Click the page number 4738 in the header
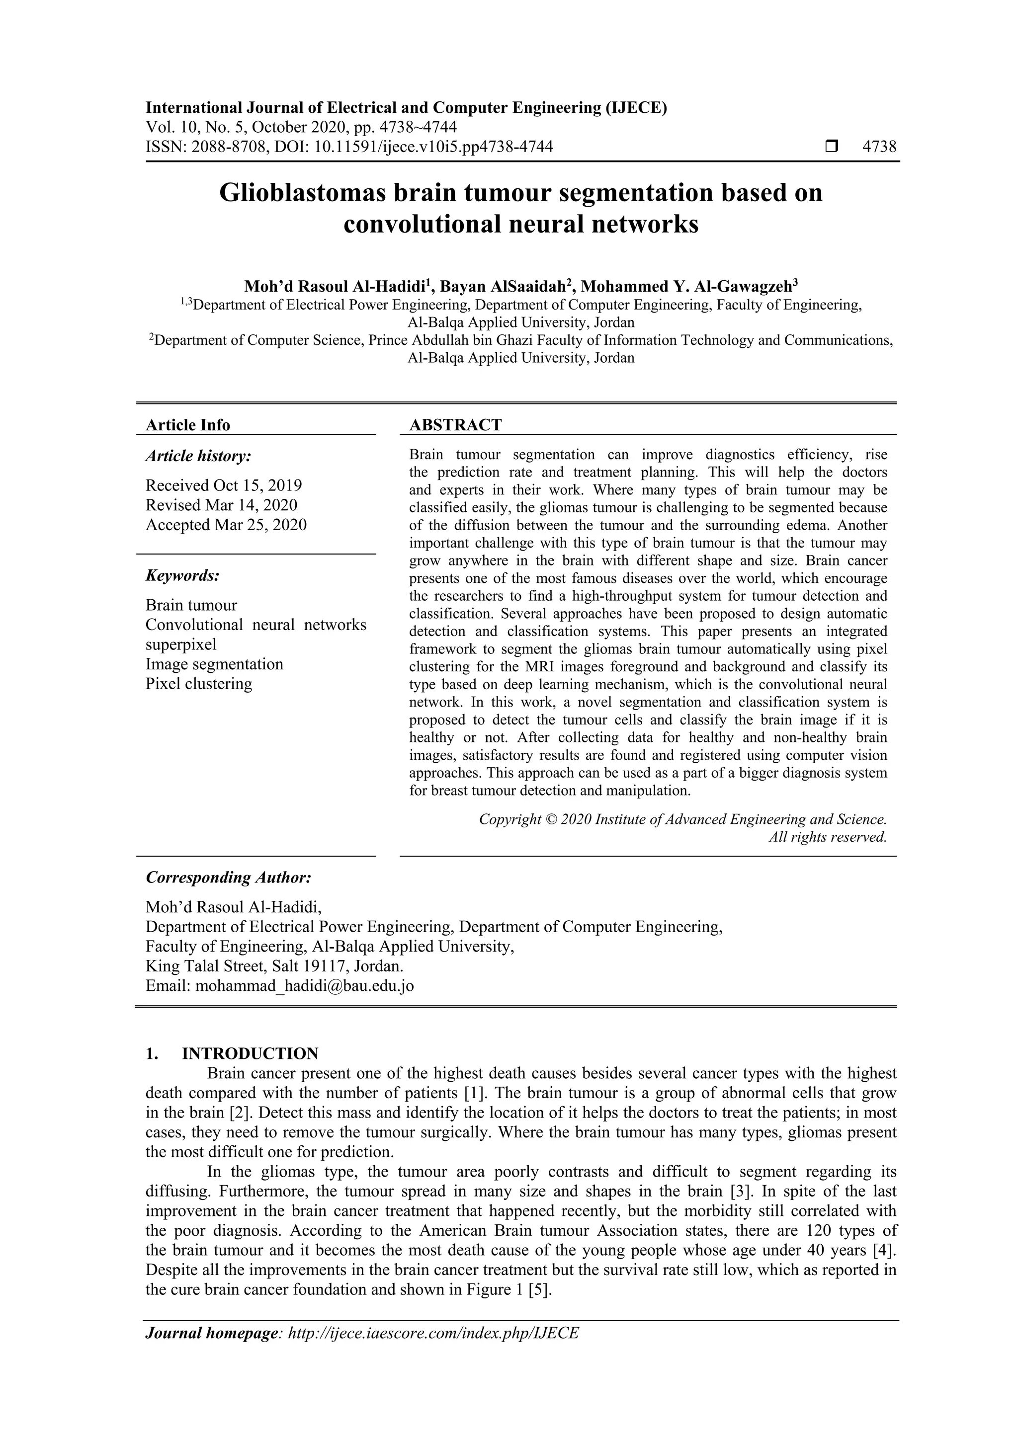tap(879, 147)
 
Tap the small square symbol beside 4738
tap(831, 147)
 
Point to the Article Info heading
tap(187, 425)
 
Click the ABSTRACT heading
tap(455, 425)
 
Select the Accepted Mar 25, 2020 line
tap(226, 525)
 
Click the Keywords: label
tap(182, 575)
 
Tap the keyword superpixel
tap(180, 644)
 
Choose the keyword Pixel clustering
tap(199, 683)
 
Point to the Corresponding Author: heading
tap(228, 878)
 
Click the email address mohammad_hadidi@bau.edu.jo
tap(304, 986)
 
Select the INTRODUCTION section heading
tap(250, 1053)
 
